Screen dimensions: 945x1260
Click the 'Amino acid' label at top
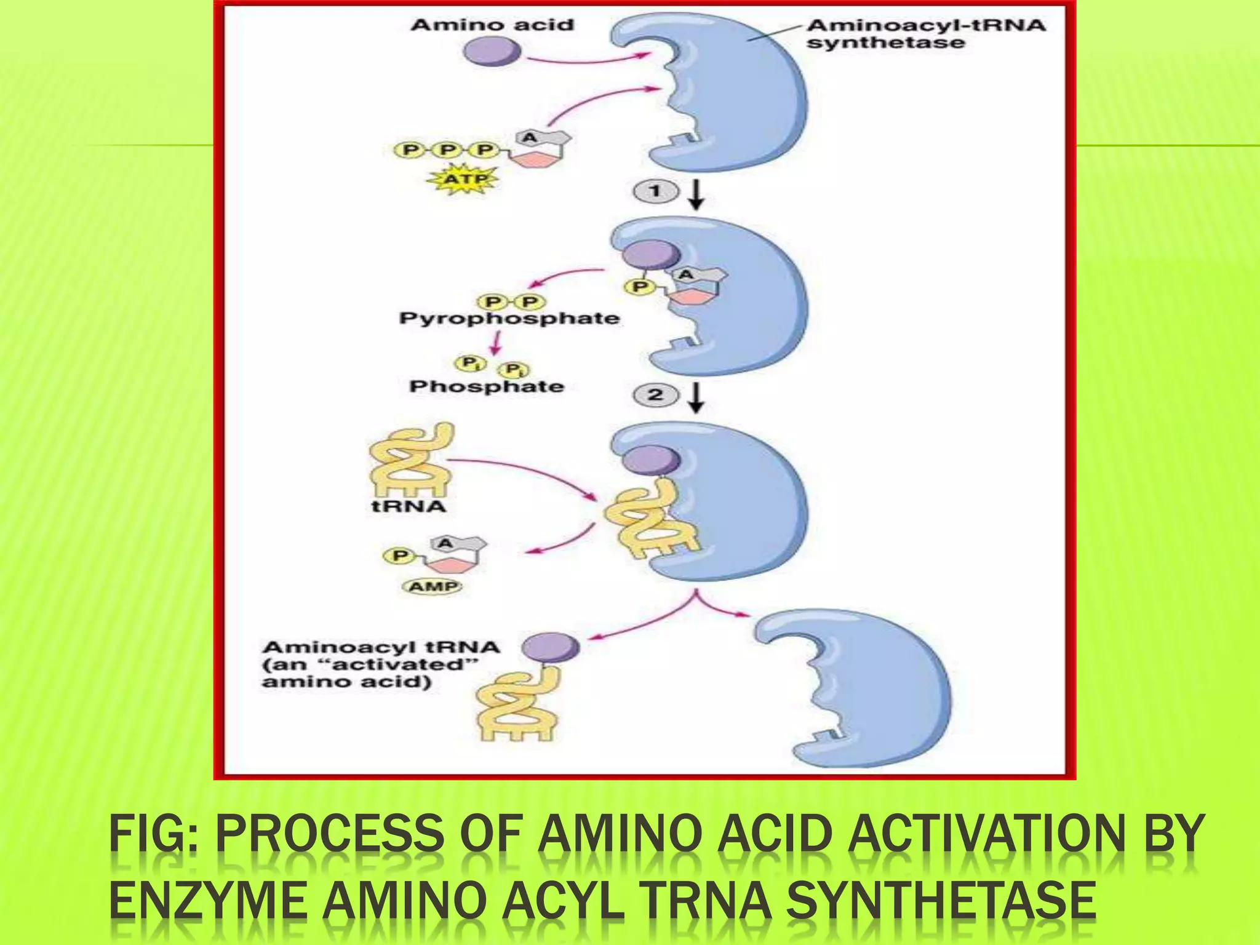pos(492,25)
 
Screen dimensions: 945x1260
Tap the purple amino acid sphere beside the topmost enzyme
pos(491,50)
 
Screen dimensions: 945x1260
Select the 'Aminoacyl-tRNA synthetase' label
pos(925,34)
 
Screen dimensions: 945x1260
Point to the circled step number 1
pos(655,191)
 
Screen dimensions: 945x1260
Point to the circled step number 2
pos(655,394)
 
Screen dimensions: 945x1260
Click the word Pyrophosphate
pos(509,319)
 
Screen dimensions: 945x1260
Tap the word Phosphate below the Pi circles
pos(487,386)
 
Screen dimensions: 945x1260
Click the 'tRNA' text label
pos(409,506)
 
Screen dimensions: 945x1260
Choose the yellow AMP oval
pos(433,586)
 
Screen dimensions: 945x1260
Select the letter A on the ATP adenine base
pos(529,138)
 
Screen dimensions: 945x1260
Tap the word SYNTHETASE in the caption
pos(941,902)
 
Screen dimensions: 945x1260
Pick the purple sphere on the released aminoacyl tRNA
pos(551,648)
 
